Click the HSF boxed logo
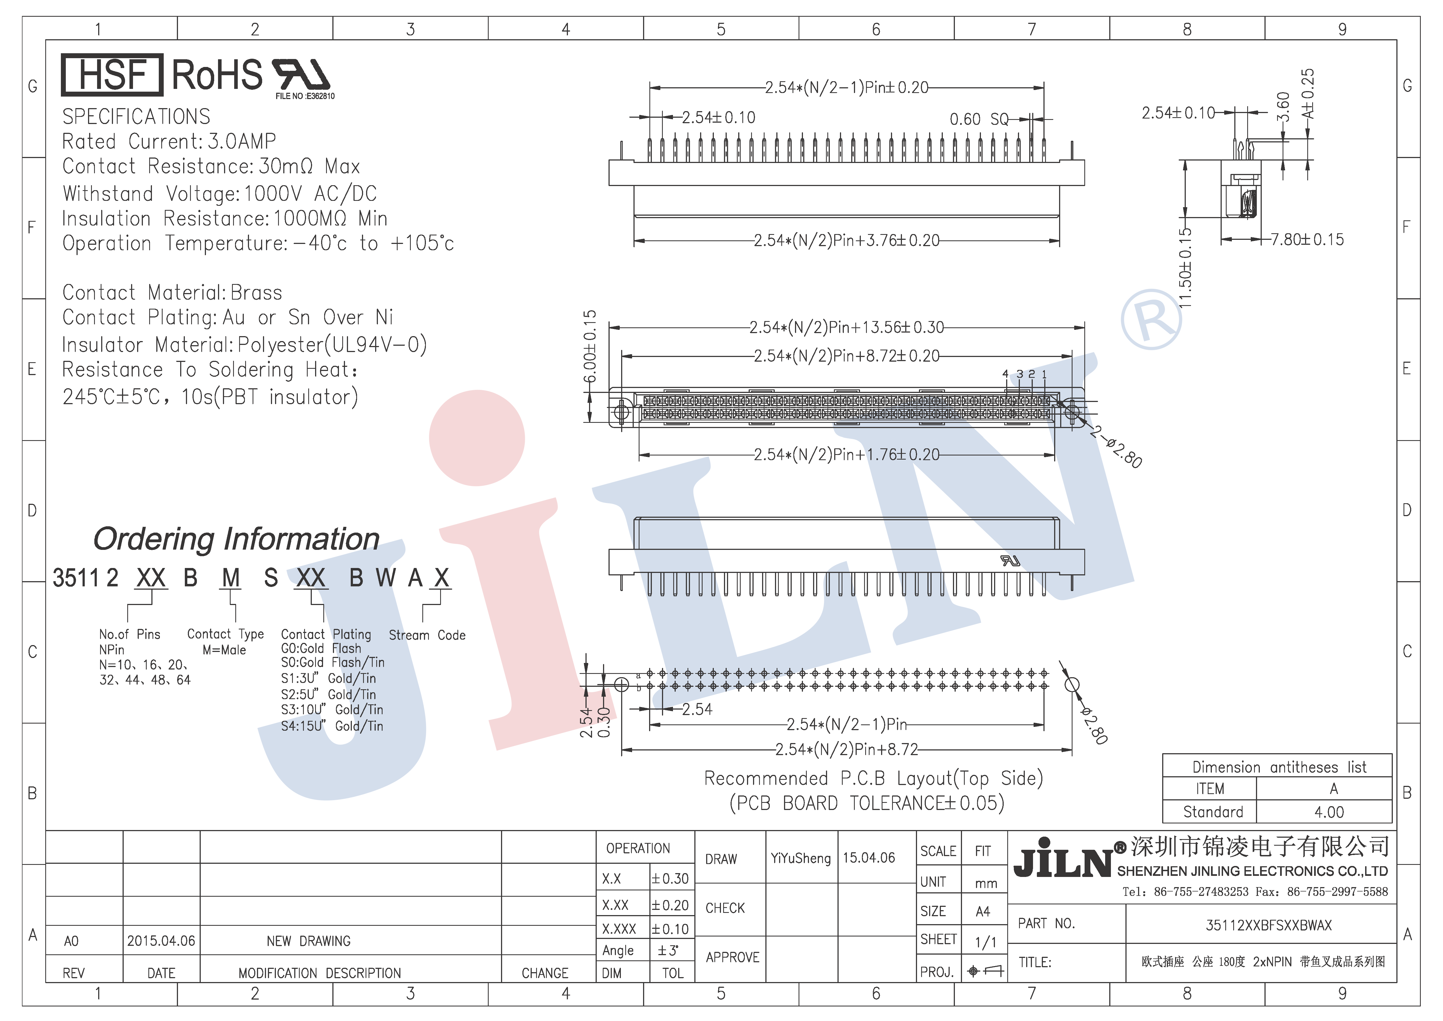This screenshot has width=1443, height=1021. pos(112,75)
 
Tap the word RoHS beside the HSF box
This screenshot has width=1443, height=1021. pos(217,75)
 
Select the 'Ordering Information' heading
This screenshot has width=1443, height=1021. pos(236,539)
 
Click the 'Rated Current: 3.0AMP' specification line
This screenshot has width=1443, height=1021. pos(169,141)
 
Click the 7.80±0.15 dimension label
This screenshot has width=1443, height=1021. pos(1307,240)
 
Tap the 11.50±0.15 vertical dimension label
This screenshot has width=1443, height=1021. pos(1185,268)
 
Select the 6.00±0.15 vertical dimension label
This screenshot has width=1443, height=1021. pos(590,346)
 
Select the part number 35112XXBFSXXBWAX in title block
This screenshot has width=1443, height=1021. pos(1269,925)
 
